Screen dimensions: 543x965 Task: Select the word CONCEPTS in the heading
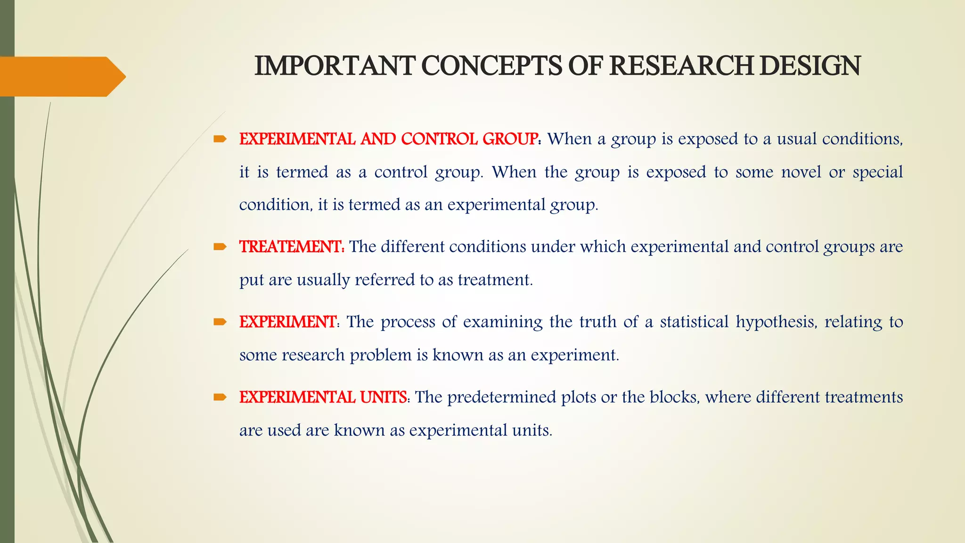491,66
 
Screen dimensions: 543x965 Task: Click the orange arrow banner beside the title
61,76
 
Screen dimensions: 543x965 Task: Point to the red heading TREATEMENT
291,247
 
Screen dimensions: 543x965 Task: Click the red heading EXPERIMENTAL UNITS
323,397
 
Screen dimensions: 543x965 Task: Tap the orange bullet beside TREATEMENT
220,247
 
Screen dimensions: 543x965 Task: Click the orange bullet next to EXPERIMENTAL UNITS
220,397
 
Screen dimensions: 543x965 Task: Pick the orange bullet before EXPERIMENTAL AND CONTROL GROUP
220,139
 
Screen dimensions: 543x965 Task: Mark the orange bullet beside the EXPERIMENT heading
220,322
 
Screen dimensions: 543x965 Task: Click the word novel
801,172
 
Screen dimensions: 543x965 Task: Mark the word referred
384,280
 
